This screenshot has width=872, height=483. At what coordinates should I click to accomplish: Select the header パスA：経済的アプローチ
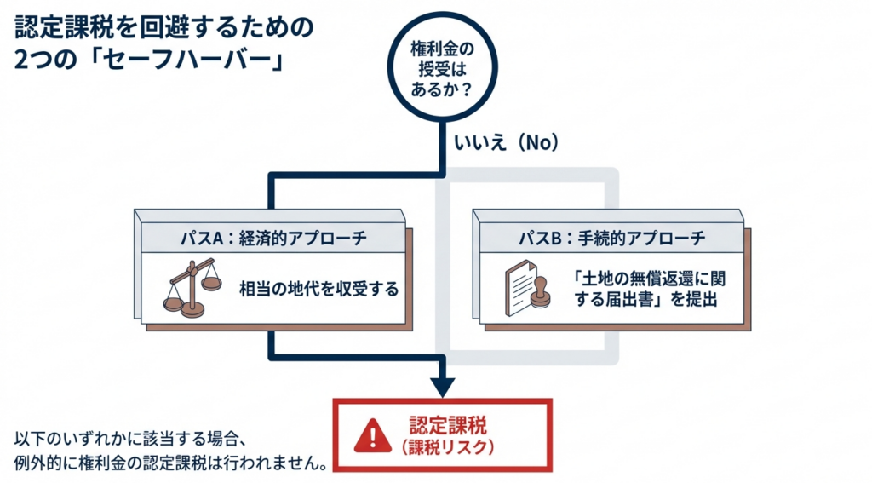(273, 239)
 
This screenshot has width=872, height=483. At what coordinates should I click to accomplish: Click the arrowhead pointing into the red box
(442, 388)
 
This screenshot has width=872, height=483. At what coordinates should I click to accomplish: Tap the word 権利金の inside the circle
(442, 49)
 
